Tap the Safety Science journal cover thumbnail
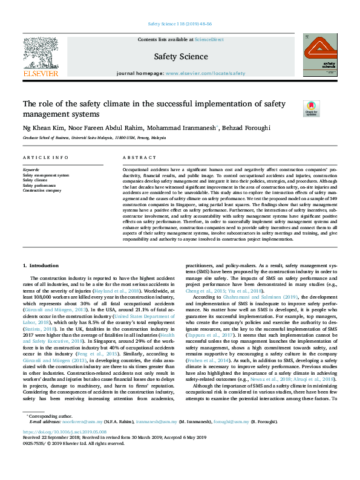point(319,56)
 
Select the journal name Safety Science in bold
point(181,57)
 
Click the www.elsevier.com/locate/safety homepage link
point(205,73)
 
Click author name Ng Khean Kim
point(44,129)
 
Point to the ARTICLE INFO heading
point(45,158)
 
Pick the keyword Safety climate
point(35,180)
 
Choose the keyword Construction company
point(42,190)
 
